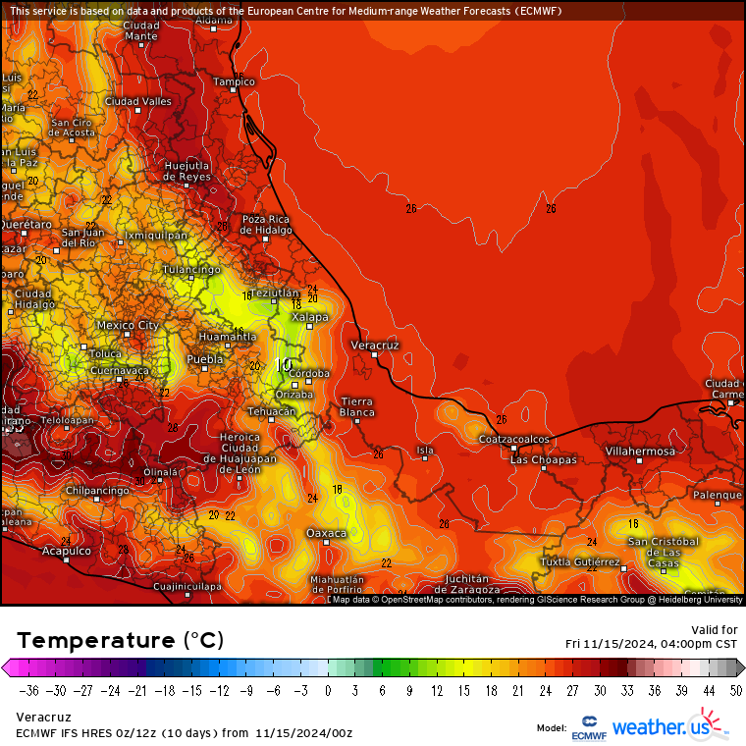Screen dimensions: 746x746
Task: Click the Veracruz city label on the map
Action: pyautogui.click(x=375, y=346)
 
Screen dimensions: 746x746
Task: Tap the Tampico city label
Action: pyautogui.click(x=235, y=81)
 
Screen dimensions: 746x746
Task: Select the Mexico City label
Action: pyautogui.click(x=128, y=325)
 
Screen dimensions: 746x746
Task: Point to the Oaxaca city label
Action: pyautogui.click(x=327, y=532)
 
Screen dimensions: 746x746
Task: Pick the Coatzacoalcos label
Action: pyautogui.click(x=513, y=439)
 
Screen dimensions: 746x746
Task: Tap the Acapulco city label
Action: pyautogui.click(x=66, y=551)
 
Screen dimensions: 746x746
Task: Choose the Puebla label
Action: pyautogui.click(x=205, y=359)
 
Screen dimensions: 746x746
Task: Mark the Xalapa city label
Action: pyautogui.click(x=310, y=317)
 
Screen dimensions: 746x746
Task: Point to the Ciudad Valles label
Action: pyautogui.click(x=138, y=101)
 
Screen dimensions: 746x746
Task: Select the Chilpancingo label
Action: pyautogui.click(x=97, y=490)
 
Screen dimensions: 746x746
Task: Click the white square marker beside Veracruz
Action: pyautogui.click(x=375, y=355)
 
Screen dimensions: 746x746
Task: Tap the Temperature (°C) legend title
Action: pyautogui.click(x=120, y=640)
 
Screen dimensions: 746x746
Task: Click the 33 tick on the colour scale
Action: pyautogui.click(x=625, y=690)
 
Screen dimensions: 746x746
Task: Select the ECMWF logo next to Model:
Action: pyautogui.click(x=588, y=728)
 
